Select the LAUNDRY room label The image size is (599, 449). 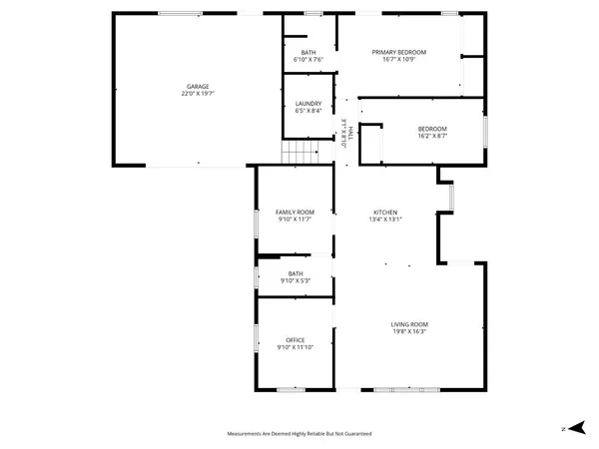(306, 104)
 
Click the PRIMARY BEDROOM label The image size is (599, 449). (399, 52)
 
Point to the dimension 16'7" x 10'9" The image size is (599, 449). (399, 59)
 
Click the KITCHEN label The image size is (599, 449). (386, 213)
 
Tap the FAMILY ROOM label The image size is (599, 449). (296, 212)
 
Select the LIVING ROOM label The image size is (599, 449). (409, 324)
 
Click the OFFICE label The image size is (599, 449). (296, 340)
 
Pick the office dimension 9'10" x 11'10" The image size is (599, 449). (296, 347)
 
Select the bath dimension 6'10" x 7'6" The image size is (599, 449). (308, 60)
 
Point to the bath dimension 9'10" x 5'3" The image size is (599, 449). (296, 280)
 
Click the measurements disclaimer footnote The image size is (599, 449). (299, 434)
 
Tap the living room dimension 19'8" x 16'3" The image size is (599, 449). (409, 331)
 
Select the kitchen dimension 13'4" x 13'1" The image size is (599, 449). (386, 220)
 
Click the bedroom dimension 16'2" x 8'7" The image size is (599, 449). (432, 135)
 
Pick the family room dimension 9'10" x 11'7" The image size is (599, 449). (296, 219)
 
